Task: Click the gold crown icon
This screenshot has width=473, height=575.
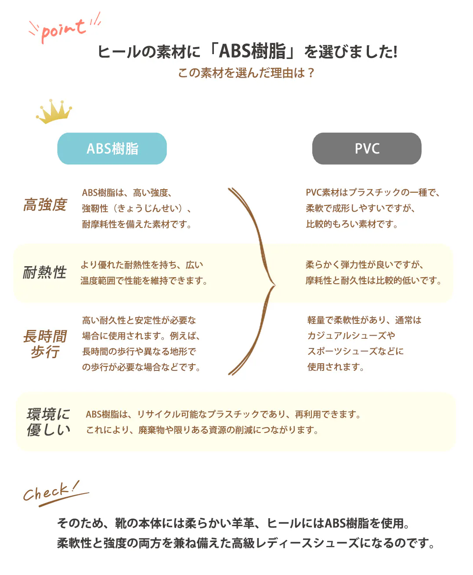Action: tap(54, 111)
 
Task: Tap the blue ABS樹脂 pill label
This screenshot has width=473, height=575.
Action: tap(112, 149)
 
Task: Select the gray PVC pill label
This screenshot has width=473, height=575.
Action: tap(367, 149)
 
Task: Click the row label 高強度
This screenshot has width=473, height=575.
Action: tap(45, 205)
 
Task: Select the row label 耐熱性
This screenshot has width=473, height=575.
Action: tap(45, 272)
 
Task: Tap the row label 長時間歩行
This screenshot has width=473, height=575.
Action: tap(45, 344)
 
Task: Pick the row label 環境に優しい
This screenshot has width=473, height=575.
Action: tap(48, 422)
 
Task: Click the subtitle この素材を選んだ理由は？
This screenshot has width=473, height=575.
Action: tap(246, 73)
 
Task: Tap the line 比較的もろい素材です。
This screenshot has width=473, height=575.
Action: tap(352, 224)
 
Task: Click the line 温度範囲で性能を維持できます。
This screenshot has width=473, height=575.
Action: tap(144, 281)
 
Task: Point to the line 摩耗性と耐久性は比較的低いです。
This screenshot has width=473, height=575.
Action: tap(374, 281)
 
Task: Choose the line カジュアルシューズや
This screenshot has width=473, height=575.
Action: tap(351, 336)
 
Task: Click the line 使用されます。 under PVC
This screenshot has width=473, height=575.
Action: tap(336, 367)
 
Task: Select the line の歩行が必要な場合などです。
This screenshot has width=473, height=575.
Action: tap(141, 367)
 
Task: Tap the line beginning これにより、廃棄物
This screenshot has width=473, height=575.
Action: tap(202, 430)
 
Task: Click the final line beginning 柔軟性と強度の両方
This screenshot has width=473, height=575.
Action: tap(246, 543)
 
